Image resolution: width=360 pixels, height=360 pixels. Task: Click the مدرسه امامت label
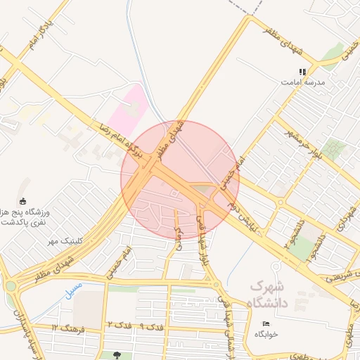coord(303,82)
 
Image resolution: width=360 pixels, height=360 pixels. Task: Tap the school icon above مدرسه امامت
coord(303,72)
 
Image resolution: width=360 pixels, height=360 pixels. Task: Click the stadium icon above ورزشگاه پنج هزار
coord(23,201)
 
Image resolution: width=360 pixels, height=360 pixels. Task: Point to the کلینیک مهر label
coord(65,241)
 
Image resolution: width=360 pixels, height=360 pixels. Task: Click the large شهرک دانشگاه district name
coord(269,295)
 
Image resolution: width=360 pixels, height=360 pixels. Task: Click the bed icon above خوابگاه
coord(264,324)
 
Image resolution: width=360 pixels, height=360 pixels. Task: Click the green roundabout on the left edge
coord(10,286)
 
